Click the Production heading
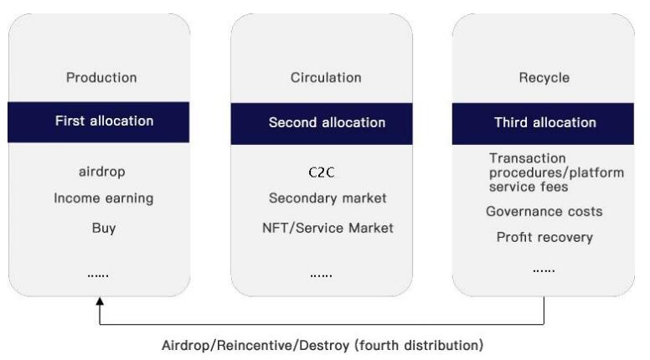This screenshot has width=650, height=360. [101, 78]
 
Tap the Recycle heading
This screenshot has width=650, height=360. [544, 78]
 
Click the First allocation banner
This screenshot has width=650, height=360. [104, 121]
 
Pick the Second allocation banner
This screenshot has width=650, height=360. [327, 122]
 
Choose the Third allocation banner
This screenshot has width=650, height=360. [544, 122]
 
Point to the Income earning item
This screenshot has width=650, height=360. [104, 198]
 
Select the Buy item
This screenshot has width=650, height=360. [104, 227]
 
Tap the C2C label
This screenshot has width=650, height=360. [322, 172]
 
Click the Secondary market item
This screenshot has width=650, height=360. [328, 198]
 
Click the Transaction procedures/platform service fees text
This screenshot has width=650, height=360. [556, 172]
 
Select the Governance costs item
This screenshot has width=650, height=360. [544, 212]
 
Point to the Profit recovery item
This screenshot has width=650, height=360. [544, 237]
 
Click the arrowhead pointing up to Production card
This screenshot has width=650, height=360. [100, 301]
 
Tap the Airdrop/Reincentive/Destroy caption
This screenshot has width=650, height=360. [322, 344]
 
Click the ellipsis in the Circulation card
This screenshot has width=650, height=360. [322, 274]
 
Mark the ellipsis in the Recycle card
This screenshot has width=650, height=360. [544, 269]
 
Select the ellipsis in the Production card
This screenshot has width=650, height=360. [100, 274]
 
